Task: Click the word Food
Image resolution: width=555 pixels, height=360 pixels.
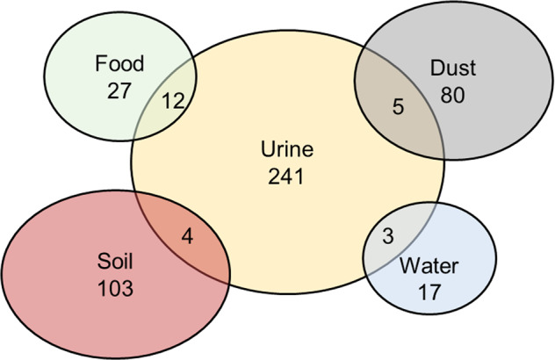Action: (x=119, y=65)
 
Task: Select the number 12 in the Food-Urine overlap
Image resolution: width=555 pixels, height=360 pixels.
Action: (x=172, y=101)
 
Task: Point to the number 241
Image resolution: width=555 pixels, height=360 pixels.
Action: (x=286, y=176)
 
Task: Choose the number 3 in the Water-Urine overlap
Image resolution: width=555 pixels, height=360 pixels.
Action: (x=389, y=237)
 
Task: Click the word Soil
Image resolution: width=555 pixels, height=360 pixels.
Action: (x=116, y=262)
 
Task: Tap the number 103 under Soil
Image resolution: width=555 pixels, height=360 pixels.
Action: (x=116, y=286)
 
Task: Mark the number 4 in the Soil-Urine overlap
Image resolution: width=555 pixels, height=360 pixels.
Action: (x=186, y=236)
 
